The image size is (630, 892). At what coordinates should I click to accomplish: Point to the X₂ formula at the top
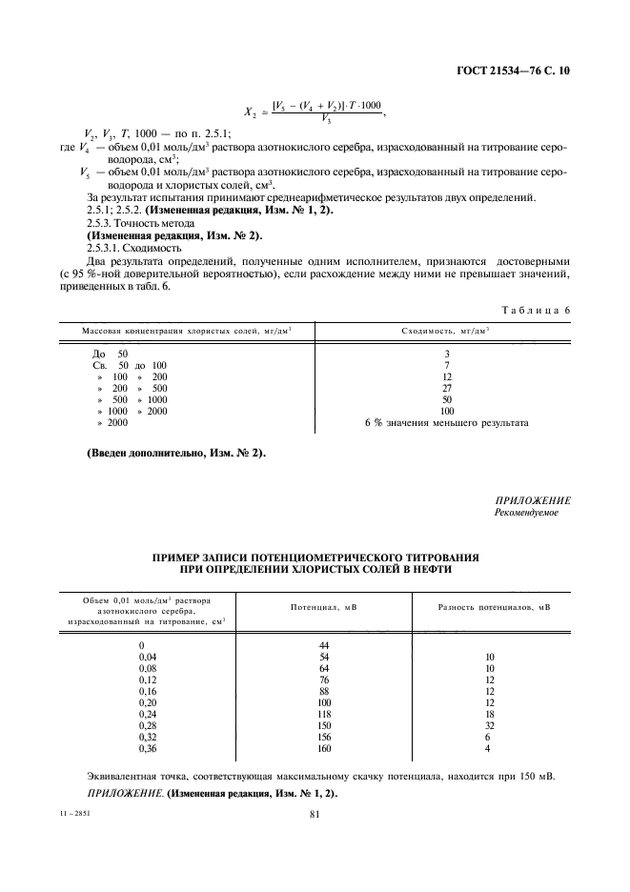pos(315,111)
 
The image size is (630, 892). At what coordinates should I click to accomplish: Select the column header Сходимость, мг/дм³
pos(447,330)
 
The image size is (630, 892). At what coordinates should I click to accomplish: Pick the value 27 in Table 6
pos(447,389)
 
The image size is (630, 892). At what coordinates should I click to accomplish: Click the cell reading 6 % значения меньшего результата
pos(447,422)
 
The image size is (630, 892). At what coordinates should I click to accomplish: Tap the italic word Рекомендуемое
pos(526,512)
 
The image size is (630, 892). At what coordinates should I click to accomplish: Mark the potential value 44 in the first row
pos(323,645)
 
